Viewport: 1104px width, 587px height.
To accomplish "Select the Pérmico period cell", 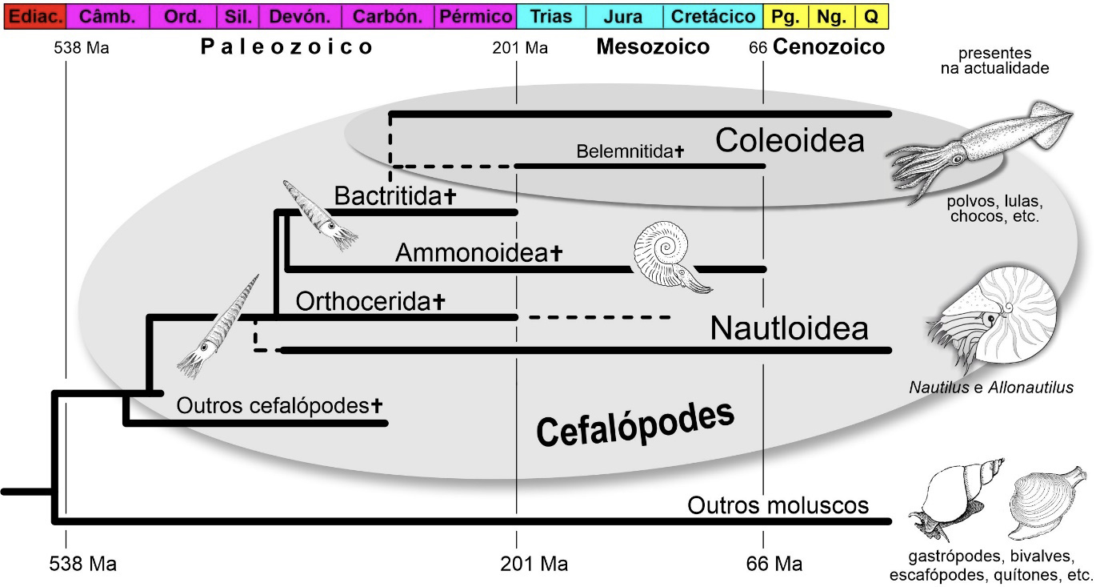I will coord(475,16).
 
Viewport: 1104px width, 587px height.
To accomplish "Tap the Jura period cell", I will coord(624,16).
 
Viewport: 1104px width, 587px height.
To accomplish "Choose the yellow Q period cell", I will coord(871,16).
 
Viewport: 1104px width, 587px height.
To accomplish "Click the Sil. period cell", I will coord(238,16).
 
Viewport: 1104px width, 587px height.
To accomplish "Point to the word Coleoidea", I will coord(790,141).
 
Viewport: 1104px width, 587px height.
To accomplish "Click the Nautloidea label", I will coord(789,328).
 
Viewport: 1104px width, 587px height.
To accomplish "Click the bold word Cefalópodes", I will coord(635,424).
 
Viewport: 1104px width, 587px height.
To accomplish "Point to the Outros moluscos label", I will coord(778,505).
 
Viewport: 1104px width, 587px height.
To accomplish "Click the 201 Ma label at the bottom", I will coord(534,564).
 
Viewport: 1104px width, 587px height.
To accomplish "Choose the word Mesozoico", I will coord(653,47).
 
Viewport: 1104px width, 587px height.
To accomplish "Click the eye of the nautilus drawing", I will coord(992,320).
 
